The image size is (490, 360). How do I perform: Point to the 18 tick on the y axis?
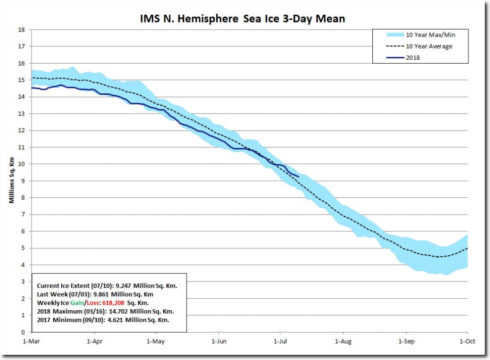[x=22, y=30]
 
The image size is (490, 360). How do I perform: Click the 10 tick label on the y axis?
[x=22, y=164]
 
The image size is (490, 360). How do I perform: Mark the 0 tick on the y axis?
[x=23, y=332]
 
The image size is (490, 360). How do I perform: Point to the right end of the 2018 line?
[x=299, y=177]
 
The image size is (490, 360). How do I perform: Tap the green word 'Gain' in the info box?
[x=71, y=303]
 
